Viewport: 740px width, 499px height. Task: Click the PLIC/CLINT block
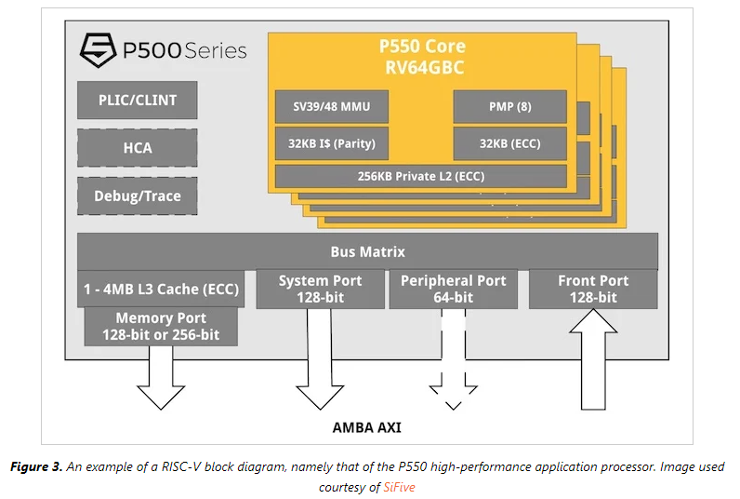137,100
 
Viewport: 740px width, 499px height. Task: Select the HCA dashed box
137,147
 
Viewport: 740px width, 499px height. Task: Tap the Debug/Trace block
137,196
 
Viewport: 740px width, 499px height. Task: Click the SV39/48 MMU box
331,107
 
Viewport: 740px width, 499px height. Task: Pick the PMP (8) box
509,107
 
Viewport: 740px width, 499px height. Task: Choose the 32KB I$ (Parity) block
331,143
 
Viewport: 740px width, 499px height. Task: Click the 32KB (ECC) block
509,143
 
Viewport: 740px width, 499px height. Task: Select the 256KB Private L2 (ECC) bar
420,176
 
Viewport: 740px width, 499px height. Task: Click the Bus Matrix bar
367,251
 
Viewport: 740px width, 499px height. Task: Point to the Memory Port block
160,326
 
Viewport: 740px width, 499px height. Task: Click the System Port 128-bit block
321,289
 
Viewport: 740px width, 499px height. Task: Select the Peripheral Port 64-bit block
453,289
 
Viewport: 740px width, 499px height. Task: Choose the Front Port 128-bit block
592,289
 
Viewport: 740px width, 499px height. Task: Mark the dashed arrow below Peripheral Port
453,363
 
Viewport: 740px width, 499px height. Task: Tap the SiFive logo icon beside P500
97,48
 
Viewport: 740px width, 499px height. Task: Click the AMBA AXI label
367,428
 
